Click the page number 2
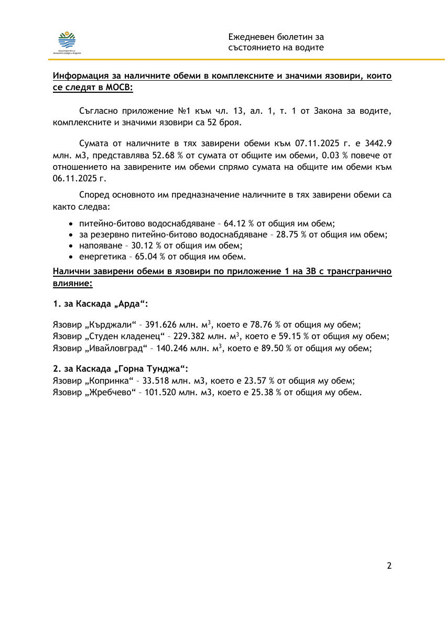click(389, 566)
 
